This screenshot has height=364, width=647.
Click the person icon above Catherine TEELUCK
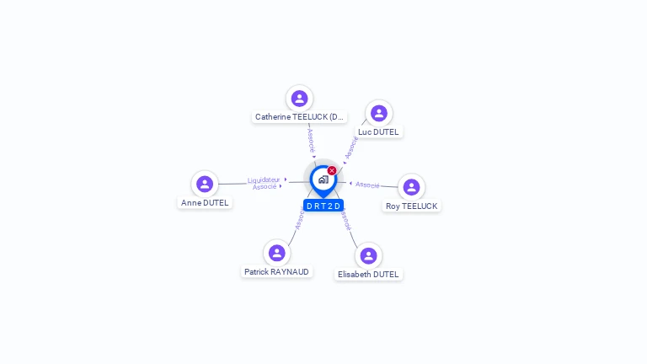click(299, 99)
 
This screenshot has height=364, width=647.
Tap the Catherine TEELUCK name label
click(299, 117)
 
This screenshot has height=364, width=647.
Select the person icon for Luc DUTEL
click(378, 113)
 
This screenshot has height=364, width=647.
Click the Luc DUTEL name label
click(378, 132)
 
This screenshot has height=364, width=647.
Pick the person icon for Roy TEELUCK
click(411, 187)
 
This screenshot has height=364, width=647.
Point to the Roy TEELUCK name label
click(411, 206)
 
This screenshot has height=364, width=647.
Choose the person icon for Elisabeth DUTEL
click(368, 255)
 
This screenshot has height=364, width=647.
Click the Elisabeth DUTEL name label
click(368, 275)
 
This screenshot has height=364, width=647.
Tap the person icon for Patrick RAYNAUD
click(276, 253)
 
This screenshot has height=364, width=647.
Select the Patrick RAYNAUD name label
click(276, 272)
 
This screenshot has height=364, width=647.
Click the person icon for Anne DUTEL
click(205, 184)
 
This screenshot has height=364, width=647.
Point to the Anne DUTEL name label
click(205, 203)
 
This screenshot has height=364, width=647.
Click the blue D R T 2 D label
click(323, 206)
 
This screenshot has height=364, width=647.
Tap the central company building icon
click(323, 179)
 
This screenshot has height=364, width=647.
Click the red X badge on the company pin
click(332, 170)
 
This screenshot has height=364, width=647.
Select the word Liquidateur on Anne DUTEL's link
click(264, 179)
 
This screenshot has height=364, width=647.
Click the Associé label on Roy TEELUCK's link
click(367, 185)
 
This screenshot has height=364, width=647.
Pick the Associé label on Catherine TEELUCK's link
click(311, 139)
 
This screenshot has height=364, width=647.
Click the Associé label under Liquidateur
click(265, 187)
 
